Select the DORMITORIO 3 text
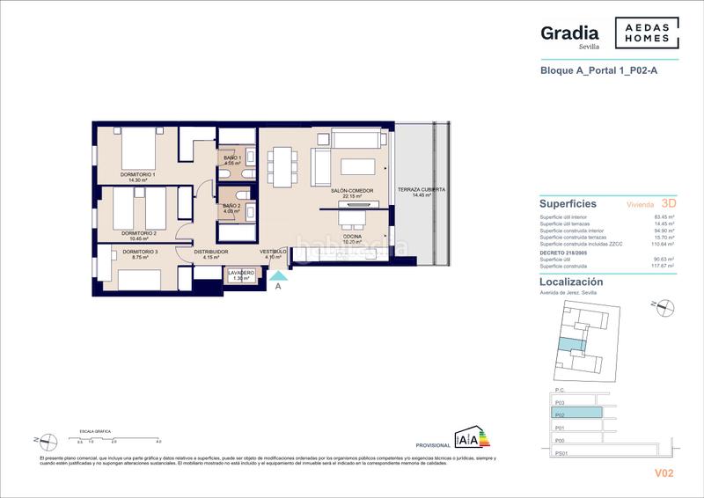click(140, 253)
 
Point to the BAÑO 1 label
click(232, 157)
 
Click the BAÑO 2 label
click(232, 206)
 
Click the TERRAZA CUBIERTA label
click(421, 190)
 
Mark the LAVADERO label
click(240, 274)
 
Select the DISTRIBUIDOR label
click(210, 253)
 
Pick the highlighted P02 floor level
click(576, 412)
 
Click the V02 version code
click(664, 473)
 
